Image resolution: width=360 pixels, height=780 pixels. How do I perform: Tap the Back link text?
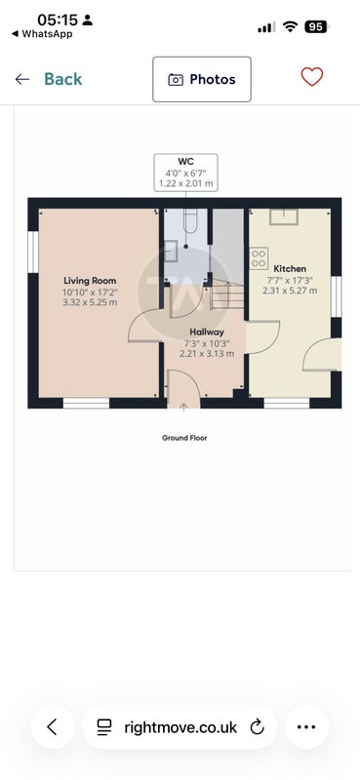(x=63, y=79)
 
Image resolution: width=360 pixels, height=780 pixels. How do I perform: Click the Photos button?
(x=202, y=79)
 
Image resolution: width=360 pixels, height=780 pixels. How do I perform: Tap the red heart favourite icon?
(x=312, y=77)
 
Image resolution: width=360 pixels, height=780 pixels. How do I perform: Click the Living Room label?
(x=90, y=281)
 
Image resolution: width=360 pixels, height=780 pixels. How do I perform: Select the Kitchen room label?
(x=290, y=269)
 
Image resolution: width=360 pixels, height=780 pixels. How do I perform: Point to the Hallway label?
(x=207, y=331)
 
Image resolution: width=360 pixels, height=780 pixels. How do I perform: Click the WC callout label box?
(x=185, y=173)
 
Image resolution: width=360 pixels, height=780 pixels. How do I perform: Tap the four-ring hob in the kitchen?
(x=259, y=258)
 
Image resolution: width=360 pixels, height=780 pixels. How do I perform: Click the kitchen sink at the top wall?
(x=284, y=216)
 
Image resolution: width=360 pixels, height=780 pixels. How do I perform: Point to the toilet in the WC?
(x=190, y=220)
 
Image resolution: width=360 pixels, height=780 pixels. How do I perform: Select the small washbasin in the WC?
(x=171, y=251)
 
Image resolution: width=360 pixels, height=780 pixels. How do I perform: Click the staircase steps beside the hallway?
(x=227, y=294)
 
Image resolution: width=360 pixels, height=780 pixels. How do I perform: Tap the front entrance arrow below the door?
(x=183, y=407)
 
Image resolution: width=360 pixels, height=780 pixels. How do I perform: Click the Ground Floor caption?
(x=184, y=438)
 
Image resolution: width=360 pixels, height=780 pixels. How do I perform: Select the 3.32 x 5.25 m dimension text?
(x=90, y=302)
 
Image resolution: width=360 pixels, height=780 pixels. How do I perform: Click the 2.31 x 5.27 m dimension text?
(x=290, y=290)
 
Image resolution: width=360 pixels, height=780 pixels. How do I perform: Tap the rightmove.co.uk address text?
(x=180, y=727)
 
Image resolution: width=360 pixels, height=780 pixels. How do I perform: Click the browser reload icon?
(x=257, y=726)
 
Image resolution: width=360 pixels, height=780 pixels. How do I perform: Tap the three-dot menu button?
(x=306, y=726)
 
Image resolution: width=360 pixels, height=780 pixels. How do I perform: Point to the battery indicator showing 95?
(x=316, y=27)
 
